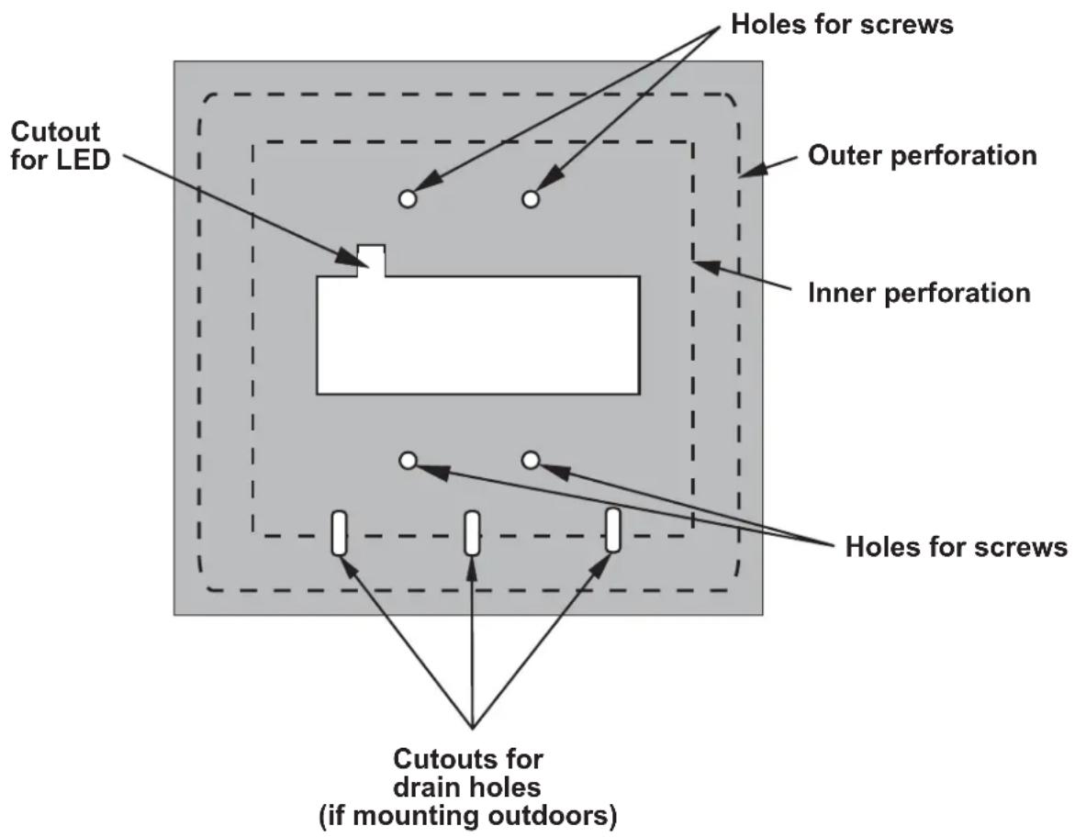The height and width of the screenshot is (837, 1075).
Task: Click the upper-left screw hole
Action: click(x=408, y=199)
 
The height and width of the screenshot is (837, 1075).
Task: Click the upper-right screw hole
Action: click(x=531, y=199)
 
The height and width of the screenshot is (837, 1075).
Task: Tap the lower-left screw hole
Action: click(x=408, y=461)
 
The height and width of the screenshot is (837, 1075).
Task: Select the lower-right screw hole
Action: click(x=531, y=461)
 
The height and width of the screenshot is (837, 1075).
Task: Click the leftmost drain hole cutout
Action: click(x=339, y=532)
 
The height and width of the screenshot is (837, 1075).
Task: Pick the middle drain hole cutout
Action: click(x=472, y=532)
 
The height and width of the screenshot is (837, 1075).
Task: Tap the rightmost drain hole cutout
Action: click(x=613, y=530)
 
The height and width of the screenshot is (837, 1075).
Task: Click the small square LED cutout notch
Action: click(x=372, y=261)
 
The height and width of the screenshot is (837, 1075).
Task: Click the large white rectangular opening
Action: click(x=478, y=335)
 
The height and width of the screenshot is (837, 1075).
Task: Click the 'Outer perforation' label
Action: click(x=922, y=156)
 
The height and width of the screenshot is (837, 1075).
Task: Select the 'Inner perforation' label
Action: click(x=919, y=294)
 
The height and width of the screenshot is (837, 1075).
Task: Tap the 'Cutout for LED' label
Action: click(x=61, y=145)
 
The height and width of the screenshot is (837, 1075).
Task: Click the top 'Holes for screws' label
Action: click(x=842, y=24)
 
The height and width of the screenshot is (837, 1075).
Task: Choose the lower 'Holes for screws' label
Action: click(x=956, y=547)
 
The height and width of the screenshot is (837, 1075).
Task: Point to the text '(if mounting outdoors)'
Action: click(x=467, y=816)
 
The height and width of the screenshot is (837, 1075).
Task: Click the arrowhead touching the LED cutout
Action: click(x=348, y=255)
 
